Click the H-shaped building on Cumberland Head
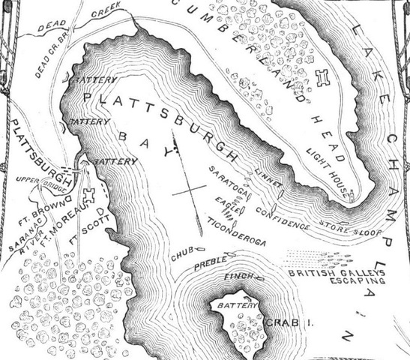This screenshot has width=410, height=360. click(x=323, y=77)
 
